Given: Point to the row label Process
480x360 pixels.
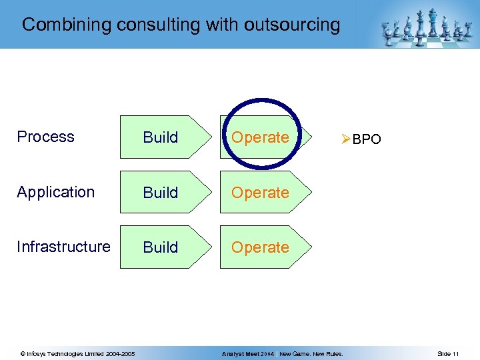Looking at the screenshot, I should click(45, 137).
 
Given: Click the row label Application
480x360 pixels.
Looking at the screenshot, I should click(56, 192).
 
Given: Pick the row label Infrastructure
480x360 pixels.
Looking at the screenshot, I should click(63, 247).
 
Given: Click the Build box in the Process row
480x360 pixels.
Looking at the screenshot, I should click(161, 137).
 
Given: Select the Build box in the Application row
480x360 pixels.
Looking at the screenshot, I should click(161, 193).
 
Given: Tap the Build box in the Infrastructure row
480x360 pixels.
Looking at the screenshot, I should click(161, 247).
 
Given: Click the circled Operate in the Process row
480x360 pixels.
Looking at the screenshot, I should click(260, 137).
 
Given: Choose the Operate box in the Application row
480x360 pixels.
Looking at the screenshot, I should click(260, 193).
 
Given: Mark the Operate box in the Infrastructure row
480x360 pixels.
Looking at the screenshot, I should click(260, 247).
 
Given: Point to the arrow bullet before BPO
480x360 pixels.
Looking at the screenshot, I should click(345, 140).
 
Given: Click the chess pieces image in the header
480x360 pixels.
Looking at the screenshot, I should click(423, 27).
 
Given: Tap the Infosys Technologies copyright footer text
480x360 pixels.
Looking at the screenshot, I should click(78, 353).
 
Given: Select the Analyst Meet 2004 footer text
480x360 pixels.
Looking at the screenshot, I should click(248, 353).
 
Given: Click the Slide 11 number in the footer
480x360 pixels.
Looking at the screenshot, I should click(448, 353).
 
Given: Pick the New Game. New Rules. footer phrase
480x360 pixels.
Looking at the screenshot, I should click(311, 353).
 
